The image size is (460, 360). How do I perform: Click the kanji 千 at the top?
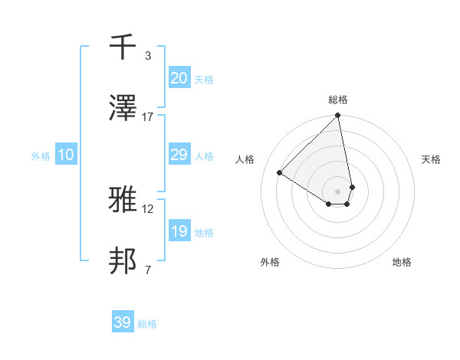[123, 48]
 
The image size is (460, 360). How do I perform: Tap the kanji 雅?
[123, 201]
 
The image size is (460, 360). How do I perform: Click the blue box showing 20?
[179, 78]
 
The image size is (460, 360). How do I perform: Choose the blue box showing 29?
[179, 155]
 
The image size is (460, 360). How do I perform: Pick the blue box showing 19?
[179, 231]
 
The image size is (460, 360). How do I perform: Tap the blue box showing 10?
[66, 155]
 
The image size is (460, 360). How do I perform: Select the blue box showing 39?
[123, 322]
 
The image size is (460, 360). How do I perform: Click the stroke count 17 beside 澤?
[148, 116]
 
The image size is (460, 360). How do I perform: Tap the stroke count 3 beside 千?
[148, 56]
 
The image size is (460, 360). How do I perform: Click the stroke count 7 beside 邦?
[148, 270]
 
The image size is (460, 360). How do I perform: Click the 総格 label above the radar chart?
[338, 100]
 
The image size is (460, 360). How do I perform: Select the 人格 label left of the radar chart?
[245, 159]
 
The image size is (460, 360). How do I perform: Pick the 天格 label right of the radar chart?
[432, 159]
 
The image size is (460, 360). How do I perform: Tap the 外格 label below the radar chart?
[270, 262]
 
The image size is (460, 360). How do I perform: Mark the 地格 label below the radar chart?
[402, 262]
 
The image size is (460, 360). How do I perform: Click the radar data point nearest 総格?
[338, 116]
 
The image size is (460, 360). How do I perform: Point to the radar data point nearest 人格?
[280, 172]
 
